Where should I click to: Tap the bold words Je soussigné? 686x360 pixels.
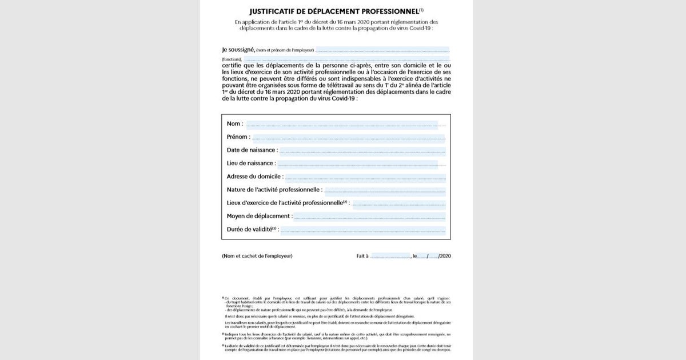(x=238, y=50)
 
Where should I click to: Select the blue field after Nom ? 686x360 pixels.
(x=341, y=125)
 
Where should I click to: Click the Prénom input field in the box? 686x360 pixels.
(x=348, y=138)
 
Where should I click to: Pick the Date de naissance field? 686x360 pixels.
(x=362, y=151)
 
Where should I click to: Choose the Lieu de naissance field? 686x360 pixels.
(x=358, y=164)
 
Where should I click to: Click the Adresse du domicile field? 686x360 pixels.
(x=365, y=177)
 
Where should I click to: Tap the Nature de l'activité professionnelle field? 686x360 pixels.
(x=384, y=190)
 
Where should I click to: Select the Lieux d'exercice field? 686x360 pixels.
(x=398, y=203)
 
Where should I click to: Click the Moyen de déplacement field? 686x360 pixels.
(x=369, y=217)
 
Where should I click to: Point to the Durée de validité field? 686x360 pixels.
(x=363, y=230)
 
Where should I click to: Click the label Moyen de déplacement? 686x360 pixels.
(x=259, y=217)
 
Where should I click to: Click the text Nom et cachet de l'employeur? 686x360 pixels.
(x=257, y=256)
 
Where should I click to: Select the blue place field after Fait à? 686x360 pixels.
(x=390, y=256)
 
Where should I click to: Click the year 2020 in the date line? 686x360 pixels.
(x=445, y=256)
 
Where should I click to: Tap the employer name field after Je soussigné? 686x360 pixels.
(x=382, y=50)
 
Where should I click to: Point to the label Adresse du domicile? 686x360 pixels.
(x=254, y=177)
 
